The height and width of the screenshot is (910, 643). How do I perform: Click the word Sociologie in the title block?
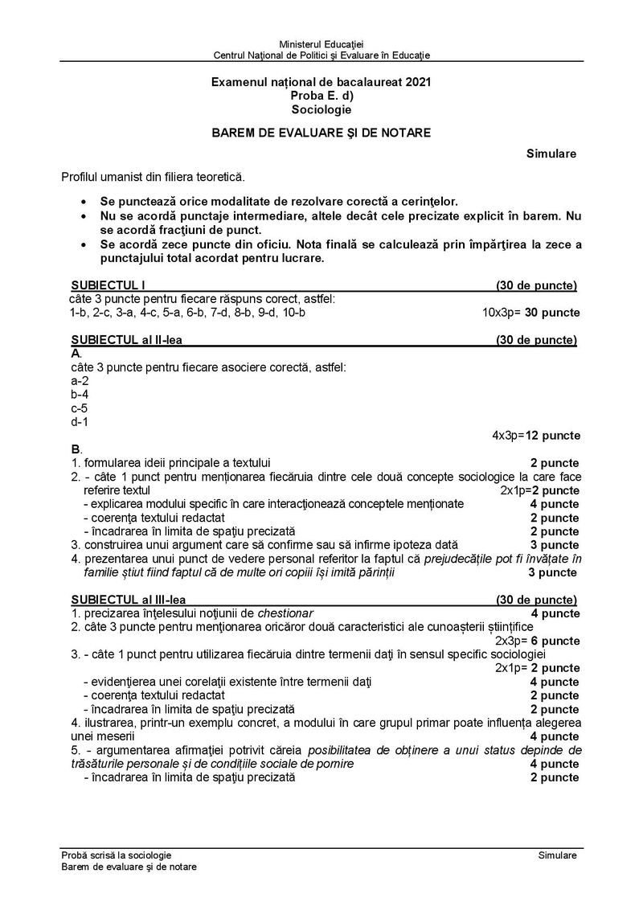pos(321,109)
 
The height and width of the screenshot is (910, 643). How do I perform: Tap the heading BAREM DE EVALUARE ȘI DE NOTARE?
pos(321,133)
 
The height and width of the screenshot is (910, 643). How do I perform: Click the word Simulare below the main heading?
pos(551,154)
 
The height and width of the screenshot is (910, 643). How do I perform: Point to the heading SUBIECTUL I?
pos(109,285)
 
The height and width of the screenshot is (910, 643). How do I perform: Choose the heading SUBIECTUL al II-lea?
pos(126,340)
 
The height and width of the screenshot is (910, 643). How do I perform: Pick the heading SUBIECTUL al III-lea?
pos(129,600)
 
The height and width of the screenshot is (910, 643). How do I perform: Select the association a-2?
pos(80,380)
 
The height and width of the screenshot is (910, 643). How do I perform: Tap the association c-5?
pos(80,408)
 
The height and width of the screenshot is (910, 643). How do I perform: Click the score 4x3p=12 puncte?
pos(536,435)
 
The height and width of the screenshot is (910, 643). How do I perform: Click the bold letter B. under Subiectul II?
pos(76,449)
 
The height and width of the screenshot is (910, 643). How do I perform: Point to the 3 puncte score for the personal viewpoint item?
pos(552,572)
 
